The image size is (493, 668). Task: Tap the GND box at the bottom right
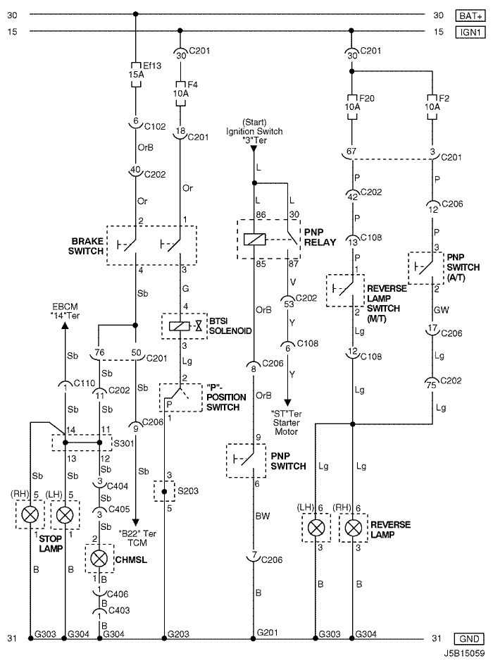[x=470, y=639]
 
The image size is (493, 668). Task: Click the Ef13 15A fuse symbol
[x=136, y=75]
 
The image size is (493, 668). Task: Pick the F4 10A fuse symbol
[x=180, y=94]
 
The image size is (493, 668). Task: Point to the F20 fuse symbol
[x=352, y=107]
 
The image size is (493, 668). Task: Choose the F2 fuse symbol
[x=432, y=107]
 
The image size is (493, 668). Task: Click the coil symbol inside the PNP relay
[x=254, y=240]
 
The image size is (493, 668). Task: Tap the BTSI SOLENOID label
[x=230, y=326]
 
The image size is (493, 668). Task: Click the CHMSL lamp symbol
[x=99, y=558]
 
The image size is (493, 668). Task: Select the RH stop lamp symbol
[x=30, y=514]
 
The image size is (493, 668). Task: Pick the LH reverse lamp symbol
[x=316, y=527]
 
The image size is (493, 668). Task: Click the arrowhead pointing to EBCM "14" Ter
[x=65, y=325]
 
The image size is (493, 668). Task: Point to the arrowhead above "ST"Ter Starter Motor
[x=288, y=402]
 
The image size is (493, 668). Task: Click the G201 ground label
[x=268, y=633]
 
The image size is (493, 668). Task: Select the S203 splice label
[x=188, y=490]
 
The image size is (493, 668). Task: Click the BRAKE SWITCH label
[x=86, y=246]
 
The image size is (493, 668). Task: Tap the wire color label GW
[x=442, y=310]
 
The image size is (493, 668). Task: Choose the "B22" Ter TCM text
[x=137, y=538]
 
